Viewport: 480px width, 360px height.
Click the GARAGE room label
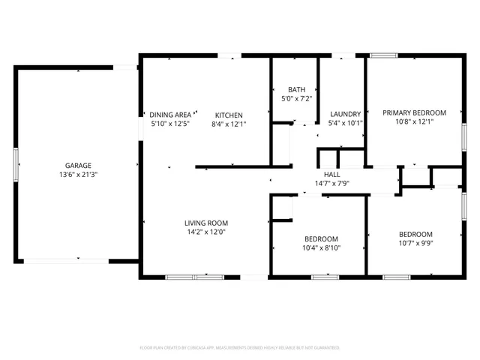tap(77, 165)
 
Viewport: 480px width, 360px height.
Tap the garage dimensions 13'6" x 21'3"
tap(77, 174)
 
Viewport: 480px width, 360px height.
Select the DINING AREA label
tap(170, 115)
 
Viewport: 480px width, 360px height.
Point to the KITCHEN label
tap(227, 115)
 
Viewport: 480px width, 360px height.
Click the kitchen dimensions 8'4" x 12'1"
tap(227, 124)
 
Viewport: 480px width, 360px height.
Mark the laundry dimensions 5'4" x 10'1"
tap(346, 124)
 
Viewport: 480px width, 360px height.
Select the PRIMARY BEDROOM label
tap(414, 112)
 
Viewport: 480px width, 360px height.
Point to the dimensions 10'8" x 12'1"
tap(414, 121)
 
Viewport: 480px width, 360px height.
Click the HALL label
tap(331, 174)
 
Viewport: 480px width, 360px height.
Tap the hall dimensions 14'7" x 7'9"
tap(331, 183)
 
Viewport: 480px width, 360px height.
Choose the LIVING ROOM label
tap(206, 223)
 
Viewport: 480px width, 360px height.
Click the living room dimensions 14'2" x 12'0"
tap(206, 232)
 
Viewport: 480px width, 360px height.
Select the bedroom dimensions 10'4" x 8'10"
tap(320, 247)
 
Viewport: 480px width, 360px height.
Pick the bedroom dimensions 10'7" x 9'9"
tap(415, 243)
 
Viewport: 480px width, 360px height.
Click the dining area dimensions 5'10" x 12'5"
tap(170, 124)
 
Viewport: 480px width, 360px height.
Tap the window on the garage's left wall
tap(16, 161)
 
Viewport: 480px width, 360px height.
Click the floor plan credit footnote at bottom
tap(240, 348)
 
